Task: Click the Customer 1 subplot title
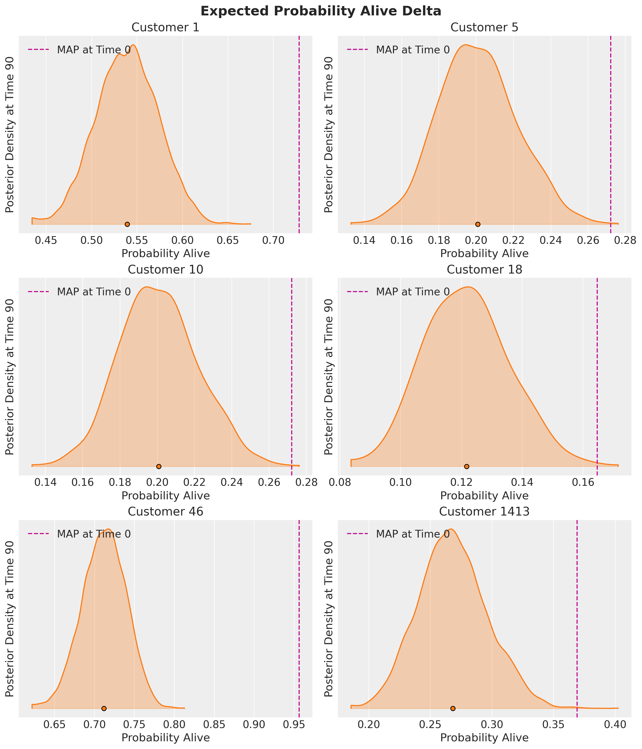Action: (x=165, y=28)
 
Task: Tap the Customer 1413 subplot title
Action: (x=484, y=511)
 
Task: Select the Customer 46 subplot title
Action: (x=165, y=511)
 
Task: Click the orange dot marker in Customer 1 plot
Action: (x=127, y=224)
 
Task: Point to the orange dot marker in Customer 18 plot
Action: (x=467, y=466)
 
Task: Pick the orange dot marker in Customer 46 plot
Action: (x=104, y=708)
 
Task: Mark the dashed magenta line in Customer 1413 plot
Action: (x=577, y=614)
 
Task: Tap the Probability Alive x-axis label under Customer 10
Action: (x=165, y=496)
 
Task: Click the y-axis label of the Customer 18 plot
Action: (x=329, y=377)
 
